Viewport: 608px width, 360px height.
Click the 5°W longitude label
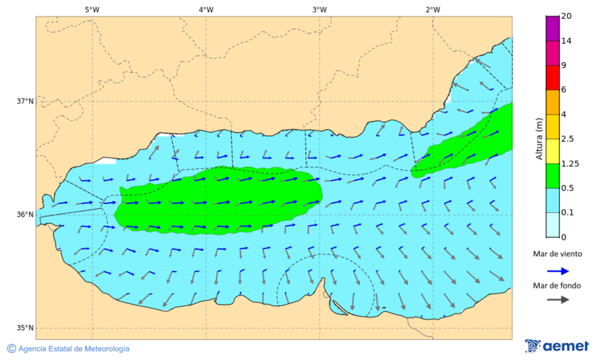click(93, 9)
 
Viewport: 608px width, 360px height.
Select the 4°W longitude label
click(206, 9)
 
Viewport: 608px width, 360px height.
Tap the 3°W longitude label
click(320, 9)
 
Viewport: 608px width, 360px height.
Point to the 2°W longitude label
click(433, 9)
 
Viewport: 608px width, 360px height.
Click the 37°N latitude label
click(25, 101)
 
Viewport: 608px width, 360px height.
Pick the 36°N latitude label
click(25, 215)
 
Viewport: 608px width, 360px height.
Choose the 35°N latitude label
click(25, 328)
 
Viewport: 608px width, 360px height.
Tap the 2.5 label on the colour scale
click(568, 139)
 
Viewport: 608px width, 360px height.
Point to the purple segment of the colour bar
click(553, 28)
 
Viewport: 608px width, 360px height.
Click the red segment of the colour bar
click(553, 78)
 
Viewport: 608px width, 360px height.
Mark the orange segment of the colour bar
click(553, 102)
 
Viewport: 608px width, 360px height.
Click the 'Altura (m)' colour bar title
click(539, 139)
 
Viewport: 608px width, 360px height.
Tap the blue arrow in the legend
click(557, 270)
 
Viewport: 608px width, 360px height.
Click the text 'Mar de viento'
click(557, 254)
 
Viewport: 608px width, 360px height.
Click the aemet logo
click(557, 346)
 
